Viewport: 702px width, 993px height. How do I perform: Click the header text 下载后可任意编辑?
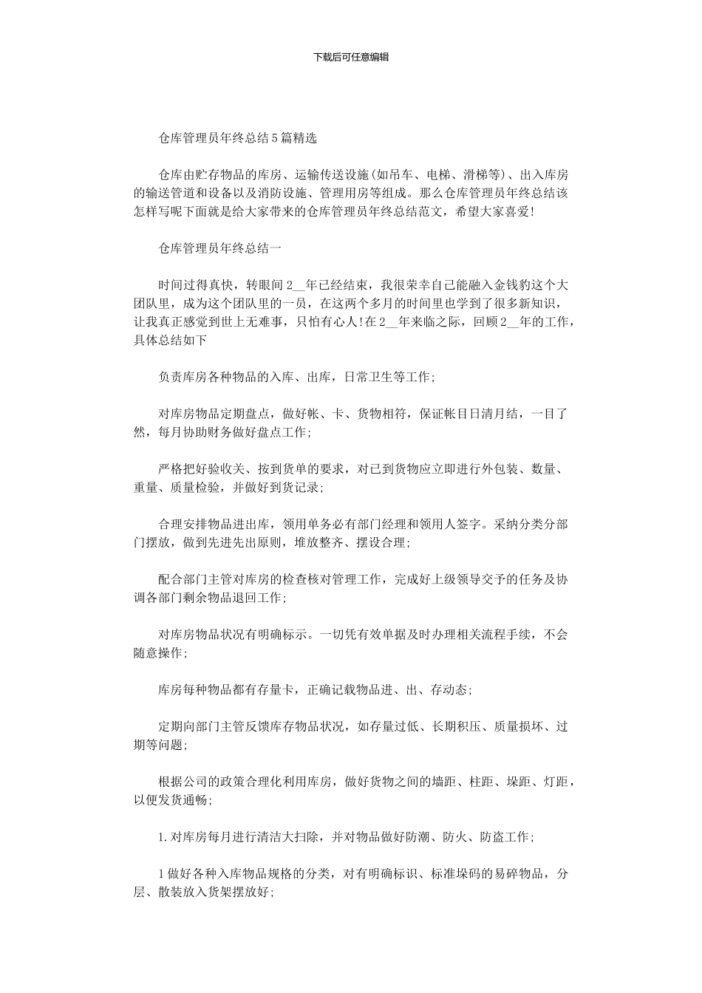tap(351, 57)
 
